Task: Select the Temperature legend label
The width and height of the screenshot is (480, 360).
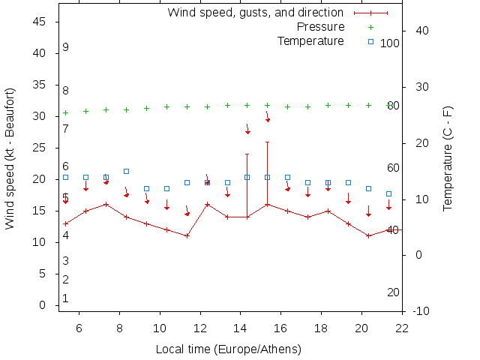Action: click(310, 40)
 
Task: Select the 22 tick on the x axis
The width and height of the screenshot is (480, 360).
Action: click(403, 327)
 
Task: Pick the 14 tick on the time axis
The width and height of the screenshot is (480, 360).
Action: click(241, 327)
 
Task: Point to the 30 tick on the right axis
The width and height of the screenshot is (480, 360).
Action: click(417, 87)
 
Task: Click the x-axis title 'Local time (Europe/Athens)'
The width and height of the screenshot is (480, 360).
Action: click(228, 349)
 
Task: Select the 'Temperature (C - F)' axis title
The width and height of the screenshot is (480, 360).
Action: click(448, 157)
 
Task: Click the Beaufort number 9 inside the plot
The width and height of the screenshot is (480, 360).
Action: click(66, 47)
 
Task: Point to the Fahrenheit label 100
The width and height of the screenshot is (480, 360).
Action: click(390, 43)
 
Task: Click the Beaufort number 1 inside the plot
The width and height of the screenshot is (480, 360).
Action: click(66, 298)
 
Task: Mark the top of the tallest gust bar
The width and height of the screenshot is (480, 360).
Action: click(267, 142)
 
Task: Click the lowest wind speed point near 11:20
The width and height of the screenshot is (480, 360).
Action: click(187, 235)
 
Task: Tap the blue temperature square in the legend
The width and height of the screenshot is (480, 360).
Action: click(370, 40)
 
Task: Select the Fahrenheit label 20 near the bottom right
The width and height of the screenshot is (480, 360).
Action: click(393, 292)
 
